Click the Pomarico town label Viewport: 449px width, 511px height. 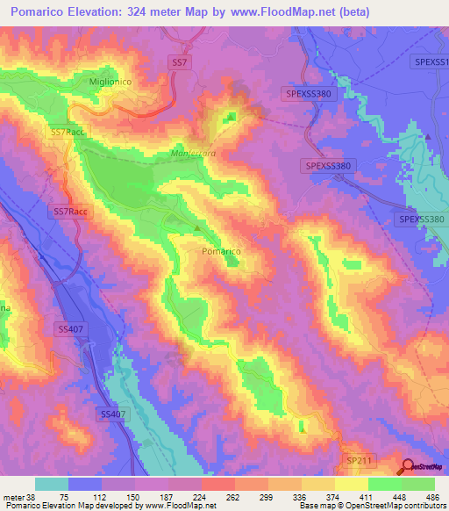(221, 251)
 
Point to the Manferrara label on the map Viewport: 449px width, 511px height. (190, 152)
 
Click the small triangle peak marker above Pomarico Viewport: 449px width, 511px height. (197, 229)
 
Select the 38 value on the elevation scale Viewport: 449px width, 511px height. (32, 496)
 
